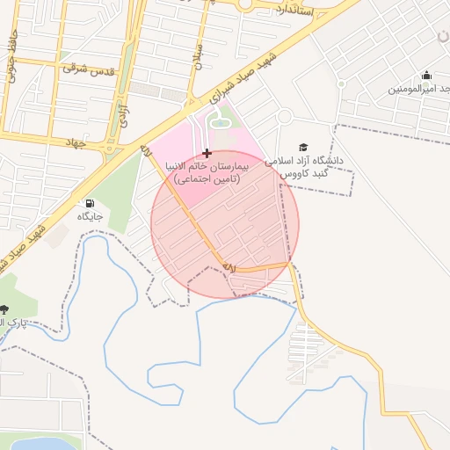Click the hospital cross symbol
(x=207, y=153)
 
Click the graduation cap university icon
(x=303, y=148)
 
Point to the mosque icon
(x=426, y=76)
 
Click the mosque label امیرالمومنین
(x=418, y=89)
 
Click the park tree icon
(x=4, y=309)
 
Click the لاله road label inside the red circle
(x=229, y=265)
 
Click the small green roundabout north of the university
(x=284, y=117)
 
